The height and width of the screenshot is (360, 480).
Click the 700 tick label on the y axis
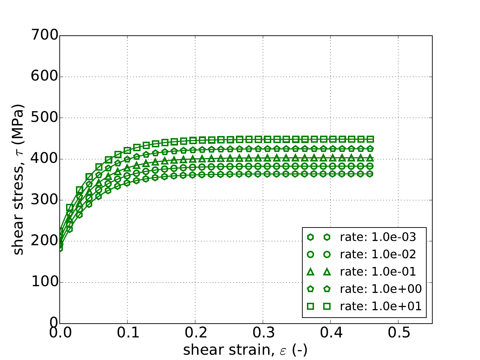45,36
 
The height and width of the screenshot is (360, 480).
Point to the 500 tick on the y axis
45,118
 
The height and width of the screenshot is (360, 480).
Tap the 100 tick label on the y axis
45,282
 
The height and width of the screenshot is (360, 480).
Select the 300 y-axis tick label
45,200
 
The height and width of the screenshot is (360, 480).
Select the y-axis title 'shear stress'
18,179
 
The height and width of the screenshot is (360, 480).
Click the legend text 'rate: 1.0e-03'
378,237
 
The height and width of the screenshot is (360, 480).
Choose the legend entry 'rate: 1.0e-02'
378,254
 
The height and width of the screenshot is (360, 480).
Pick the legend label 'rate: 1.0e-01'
378,272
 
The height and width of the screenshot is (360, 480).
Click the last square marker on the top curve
370,139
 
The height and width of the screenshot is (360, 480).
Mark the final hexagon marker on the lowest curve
370,174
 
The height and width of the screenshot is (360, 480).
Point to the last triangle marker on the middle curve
370,158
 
